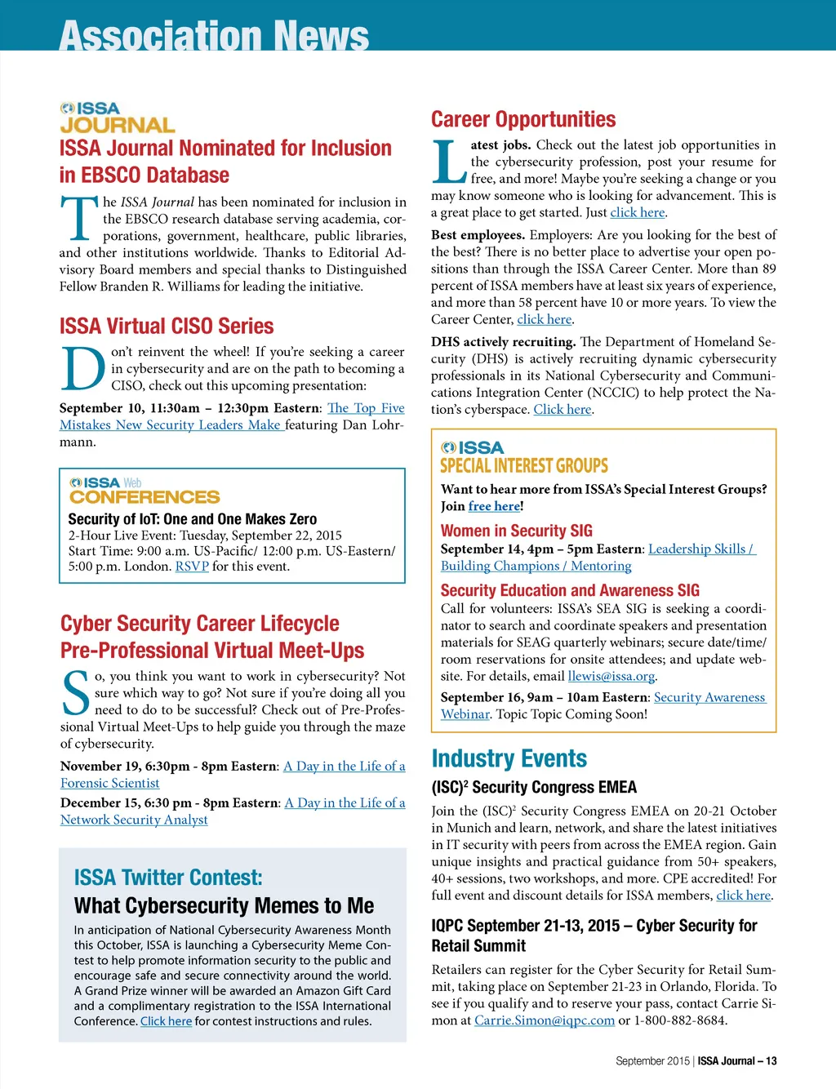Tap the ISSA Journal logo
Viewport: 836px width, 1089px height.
tap(117, 118)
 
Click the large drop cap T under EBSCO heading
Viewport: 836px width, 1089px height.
tap(79, 219)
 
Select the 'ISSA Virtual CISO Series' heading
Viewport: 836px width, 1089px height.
tap(167, 327)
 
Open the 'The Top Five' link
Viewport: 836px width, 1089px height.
tap(366, 408)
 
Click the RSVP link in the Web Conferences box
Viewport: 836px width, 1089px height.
tap(192, 567)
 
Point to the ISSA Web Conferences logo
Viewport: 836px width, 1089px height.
tap(145, 491)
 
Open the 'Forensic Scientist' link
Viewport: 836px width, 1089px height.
tap(109, 784)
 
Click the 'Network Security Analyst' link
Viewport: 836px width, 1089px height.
tap(134, 820)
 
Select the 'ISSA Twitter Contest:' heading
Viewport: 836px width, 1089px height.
tap(168, 878)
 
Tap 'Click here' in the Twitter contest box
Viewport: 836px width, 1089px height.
tap(166, 1021)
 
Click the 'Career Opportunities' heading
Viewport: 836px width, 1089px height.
tap(523, 120)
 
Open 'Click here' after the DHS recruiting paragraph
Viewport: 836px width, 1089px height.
tap(563, 410)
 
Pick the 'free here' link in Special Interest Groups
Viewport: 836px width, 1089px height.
tap(494, 507)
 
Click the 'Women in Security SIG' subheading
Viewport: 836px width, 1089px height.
tap(517, 531)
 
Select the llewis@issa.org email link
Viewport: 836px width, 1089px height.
tap(611, 677)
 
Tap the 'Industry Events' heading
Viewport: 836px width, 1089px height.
tap(509, 759)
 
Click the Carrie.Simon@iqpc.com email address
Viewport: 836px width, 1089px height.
tap(545, 1020)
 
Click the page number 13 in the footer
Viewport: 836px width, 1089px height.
tap(772, 1061)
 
